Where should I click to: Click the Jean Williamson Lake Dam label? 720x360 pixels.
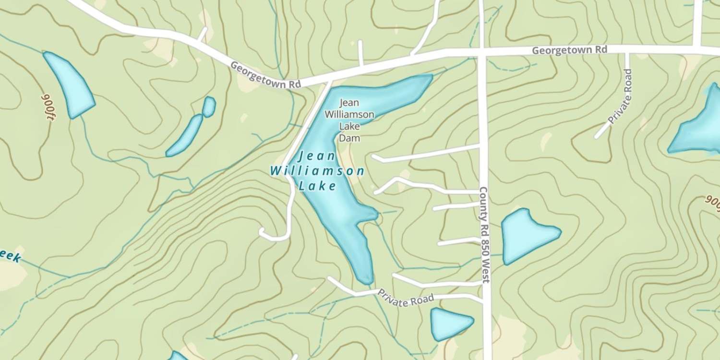[349, 120]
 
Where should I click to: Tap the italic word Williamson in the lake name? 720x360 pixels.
[317, 171]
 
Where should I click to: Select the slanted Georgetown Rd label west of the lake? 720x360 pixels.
[265, 74]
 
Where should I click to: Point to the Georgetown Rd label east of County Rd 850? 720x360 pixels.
[569, 50]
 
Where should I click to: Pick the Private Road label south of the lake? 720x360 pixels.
[406, 298]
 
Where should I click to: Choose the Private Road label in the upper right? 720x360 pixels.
[620, 96]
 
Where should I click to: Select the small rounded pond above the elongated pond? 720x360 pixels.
[209, 107]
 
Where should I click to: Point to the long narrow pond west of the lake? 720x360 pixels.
[185, 136]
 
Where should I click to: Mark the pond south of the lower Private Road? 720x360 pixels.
[449, 324]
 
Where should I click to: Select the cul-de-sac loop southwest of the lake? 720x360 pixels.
[263, 233]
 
